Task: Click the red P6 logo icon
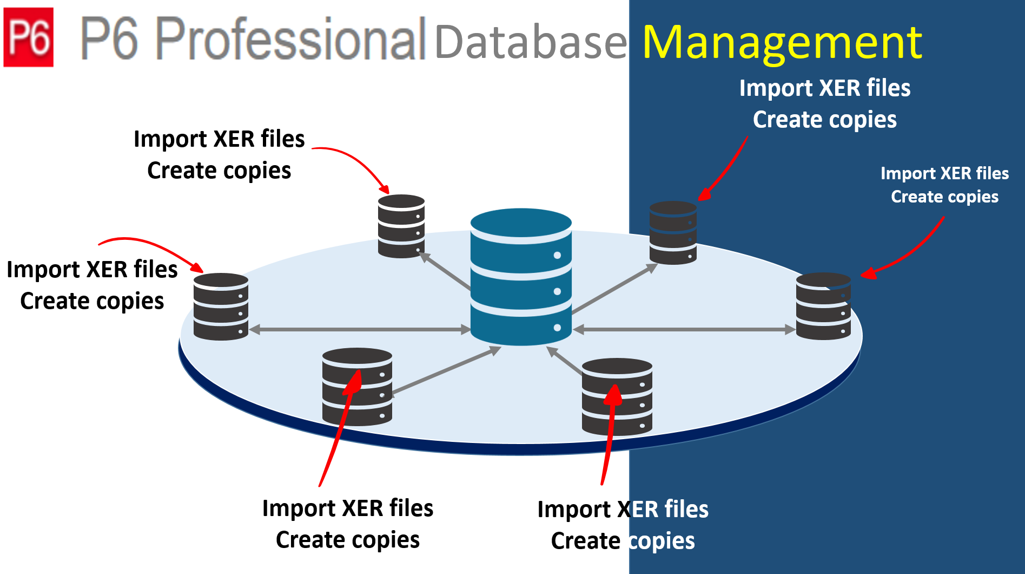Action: coord(28,37)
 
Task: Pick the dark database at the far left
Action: coord(221,306)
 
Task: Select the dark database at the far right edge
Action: coord(823,306)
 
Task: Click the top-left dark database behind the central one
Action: coord(401,226)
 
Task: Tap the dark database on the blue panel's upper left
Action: coord(672,233)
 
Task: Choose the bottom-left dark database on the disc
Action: coord(357,386)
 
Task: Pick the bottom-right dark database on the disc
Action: coord(617,396)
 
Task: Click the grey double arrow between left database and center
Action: coord(359,329)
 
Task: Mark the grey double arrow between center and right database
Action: coord(684,329)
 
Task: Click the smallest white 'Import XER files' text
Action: coord(944,173)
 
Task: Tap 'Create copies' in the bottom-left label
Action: coord(347,540)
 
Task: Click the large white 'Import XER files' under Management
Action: coord(824,88)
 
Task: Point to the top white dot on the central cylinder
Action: coord(557,255)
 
